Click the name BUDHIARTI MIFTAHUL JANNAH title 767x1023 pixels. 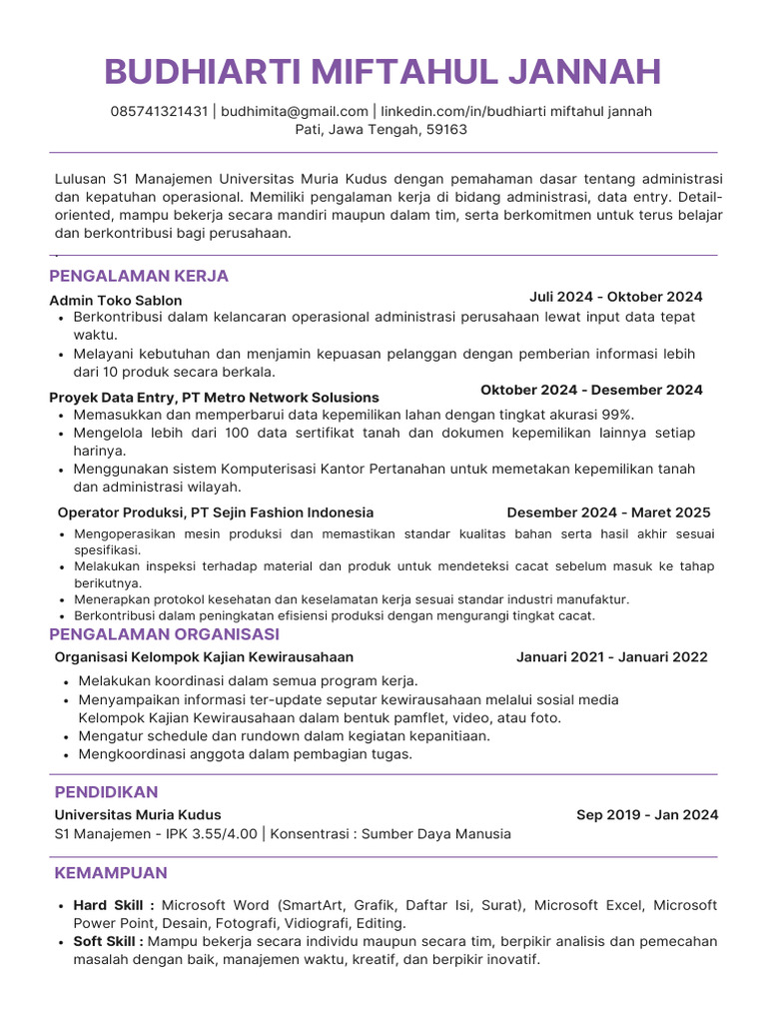[x=383, y=72]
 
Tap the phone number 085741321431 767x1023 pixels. [x=159, y=111]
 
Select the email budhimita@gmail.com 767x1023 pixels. [x=295, y=111]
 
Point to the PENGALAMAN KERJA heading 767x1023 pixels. [x=139, y=276]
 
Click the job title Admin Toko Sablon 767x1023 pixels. [x=116, y=300]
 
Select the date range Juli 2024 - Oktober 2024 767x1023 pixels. [x=615, y=297]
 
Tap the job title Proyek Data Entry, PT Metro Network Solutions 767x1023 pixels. [x=214, y=397]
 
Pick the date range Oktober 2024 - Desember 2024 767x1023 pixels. [x=591, y=390]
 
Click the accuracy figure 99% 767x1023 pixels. [x=617, y=415]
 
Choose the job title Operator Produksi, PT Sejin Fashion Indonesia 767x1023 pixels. [x=216, y=512]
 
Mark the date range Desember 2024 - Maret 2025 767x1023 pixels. [x=608, y=512]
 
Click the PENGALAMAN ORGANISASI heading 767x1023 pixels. [x=165, y=634]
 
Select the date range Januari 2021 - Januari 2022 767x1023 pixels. [x=611, y=656]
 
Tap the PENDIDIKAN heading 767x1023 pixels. [x=106, y=792]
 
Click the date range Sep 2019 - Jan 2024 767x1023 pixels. [x=646, y=814]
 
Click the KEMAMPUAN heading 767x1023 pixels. [x=111, y=873]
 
